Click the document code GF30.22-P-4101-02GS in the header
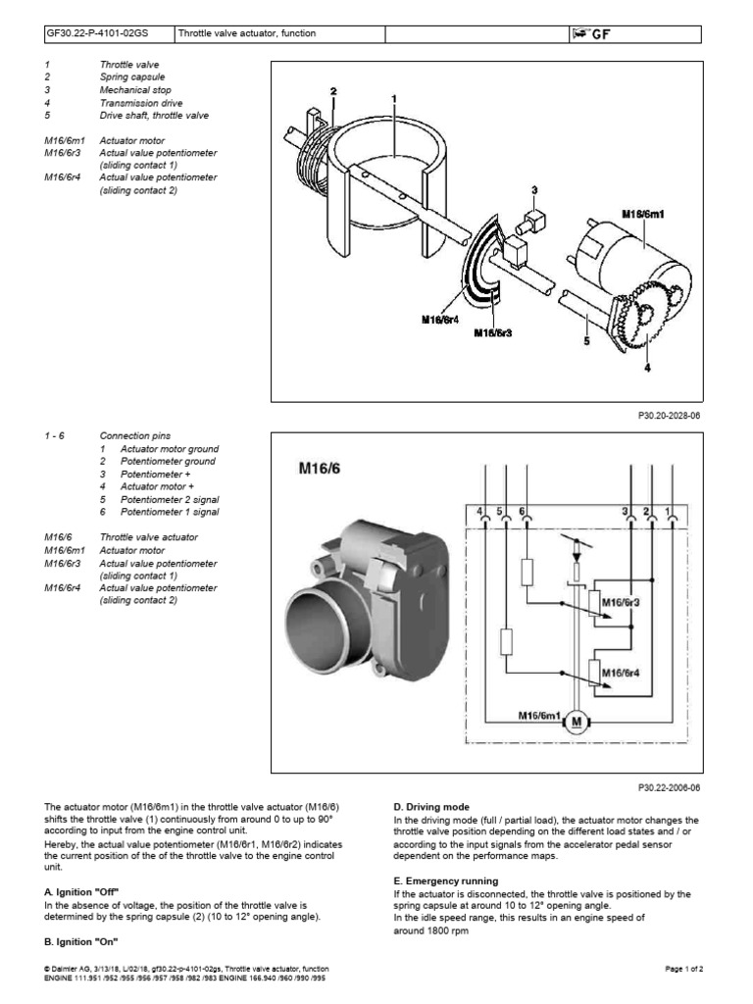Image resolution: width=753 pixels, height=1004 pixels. [105, 35]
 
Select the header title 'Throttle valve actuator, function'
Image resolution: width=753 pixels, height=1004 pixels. [247, 35]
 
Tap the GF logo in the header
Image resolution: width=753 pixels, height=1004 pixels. [598, 35]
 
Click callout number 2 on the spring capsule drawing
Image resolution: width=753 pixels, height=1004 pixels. [333, 91]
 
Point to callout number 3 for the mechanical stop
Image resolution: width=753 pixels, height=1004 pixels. [535, 190]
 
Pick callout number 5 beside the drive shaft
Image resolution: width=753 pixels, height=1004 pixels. [586, 341]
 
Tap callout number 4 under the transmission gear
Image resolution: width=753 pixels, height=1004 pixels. [646, 369]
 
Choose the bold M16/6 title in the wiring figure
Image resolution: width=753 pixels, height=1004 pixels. [319, 470]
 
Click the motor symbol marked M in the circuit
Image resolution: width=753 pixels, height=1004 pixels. [576, 723]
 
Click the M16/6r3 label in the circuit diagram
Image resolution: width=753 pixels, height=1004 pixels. [620, 601]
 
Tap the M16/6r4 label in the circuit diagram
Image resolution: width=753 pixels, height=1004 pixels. [620, 673]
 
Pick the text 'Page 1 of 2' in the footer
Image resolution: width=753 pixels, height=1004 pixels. [684, 968]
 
